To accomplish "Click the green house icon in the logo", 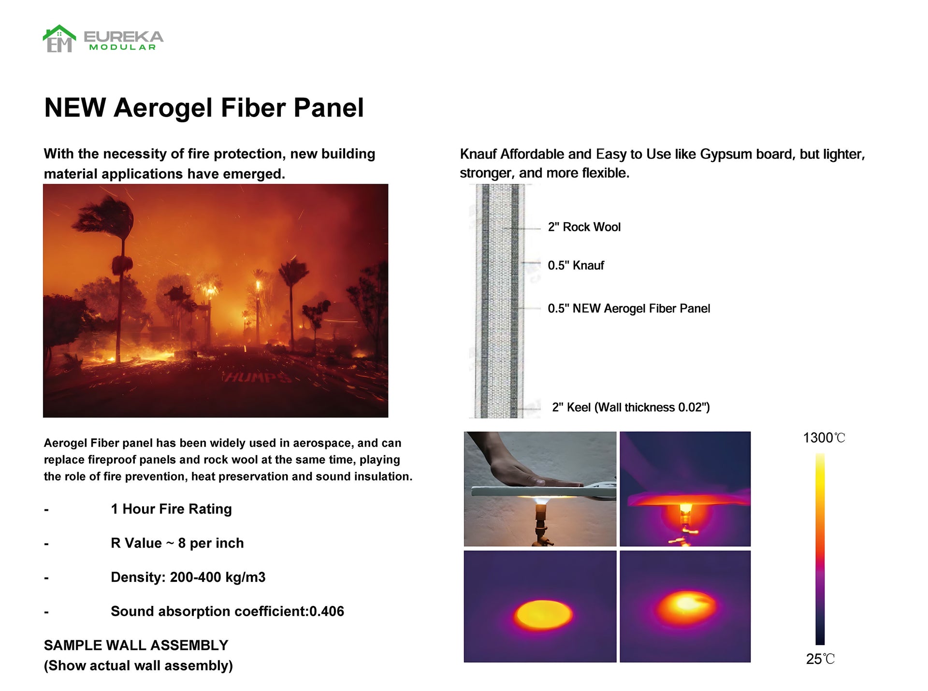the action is [59, 38].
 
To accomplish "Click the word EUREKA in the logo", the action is [124, 37].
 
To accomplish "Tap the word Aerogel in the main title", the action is [163, 108].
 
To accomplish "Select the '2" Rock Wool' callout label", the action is [584, 227].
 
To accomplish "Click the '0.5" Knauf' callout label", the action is [576, 265].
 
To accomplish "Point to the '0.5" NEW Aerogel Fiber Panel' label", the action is [629, 308].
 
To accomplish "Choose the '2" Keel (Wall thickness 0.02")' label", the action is [631, 407].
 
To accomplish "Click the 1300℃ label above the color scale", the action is [824, 438].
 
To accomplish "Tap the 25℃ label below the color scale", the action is [820, 659].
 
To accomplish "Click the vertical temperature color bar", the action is [820, 549].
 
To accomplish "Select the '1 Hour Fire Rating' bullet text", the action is [171, 509].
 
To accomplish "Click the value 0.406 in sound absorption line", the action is [327, 611].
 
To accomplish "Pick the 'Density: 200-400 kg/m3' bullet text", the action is [188, 577].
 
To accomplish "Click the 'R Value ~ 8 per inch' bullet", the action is [177, 543].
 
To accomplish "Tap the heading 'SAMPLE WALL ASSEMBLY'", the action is [136, 646].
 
